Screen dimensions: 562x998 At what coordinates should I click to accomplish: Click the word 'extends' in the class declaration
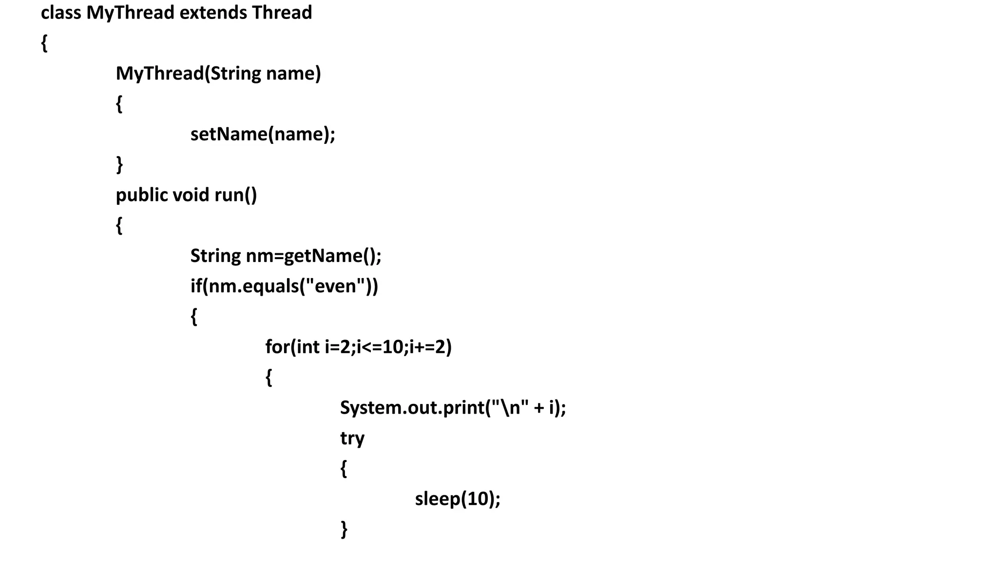click(x=213, y=13)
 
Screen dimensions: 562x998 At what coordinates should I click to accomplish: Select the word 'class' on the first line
click(x=60, y=13)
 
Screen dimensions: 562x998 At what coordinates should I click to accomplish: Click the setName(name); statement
click(x=263, y=134)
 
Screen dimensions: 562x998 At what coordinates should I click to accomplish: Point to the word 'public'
click(x=142, y=195)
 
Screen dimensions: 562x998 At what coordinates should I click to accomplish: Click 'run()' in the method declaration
click(x=235, y=195)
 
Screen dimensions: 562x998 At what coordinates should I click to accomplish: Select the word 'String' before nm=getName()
click(x=215, y=256)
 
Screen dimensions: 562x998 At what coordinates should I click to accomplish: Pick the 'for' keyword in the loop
click(x=277, y=347)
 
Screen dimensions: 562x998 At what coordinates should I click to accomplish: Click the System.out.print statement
click(x=452, y=408)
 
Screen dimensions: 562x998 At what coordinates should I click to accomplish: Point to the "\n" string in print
click(x=509, y=408)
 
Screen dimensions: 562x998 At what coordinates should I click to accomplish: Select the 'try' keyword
click(x=352, y=439)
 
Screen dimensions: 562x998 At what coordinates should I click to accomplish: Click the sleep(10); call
click(x=457, y=499)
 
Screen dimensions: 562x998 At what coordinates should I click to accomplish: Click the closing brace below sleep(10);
click(x=344, y=529)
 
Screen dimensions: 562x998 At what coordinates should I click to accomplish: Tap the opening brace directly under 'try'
click(x=344, y=468)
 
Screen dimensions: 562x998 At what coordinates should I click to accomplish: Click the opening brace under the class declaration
click(x=44, y=43)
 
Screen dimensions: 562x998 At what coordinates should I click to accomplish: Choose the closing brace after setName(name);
click(x=119, y=164)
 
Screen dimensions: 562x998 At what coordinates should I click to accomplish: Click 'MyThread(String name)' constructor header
click(x=218, y=74)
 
